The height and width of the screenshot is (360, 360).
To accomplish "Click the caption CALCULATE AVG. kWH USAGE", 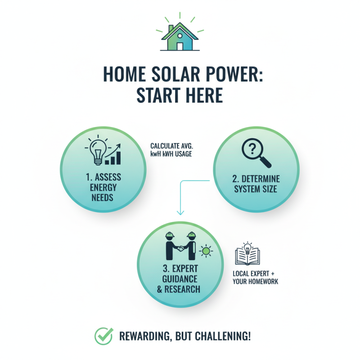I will (x=171, y=150).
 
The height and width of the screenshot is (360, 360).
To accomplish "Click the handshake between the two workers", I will (x=181, y=249).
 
